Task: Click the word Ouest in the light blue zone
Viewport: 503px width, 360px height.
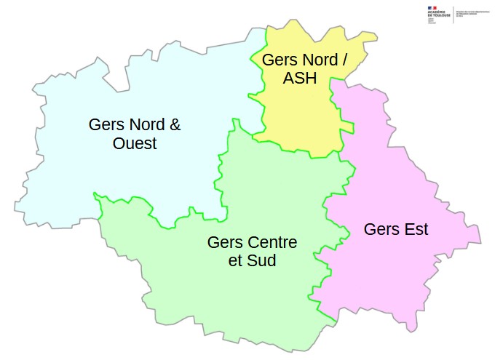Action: coord(135,144)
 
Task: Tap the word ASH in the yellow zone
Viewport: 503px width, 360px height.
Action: coord(300,79)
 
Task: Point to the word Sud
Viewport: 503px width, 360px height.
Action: coord(262,260)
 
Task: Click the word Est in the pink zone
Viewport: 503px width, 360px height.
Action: coord(413,230)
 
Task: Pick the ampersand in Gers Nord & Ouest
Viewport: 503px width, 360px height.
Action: coord(174,124)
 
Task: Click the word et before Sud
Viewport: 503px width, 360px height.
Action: coord(235,260)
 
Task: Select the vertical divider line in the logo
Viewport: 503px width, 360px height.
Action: coord(454,14)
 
